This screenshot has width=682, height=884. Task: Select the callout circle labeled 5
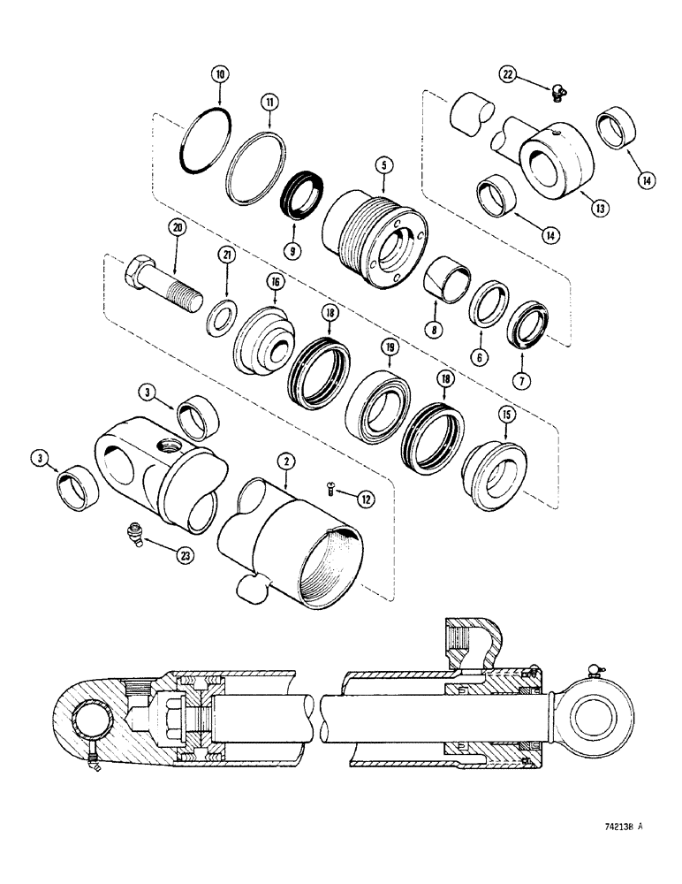[383, 164]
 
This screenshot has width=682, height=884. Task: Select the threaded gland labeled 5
[375, 232]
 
